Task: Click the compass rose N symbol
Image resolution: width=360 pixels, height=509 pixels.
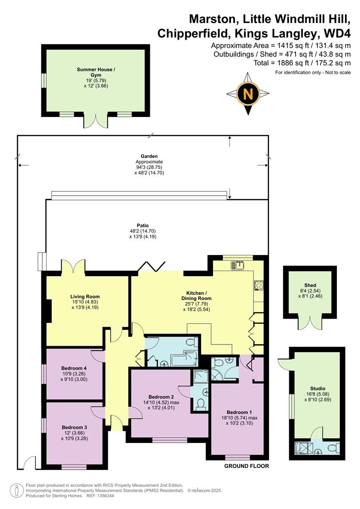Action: [248, 94]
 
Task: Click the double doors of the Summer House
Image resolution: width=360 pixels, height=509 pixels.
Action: [96, 121]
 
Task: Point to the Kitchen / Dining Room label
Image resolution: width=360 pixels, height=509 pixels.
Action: [196, 295]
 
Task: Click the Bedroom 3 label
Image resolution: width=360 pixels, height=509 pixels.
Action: [74, 427]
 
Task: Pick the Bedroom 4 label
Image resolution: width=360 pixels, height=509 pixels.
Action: [74, 368]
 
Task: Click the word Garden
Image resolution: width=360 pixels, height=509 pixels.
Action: [149, 156]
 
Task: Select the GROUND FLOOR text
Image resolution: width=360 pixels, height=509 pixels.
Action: [246, 466]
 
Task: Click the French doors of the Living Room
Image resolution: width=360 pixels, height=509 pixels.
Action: [73, 267]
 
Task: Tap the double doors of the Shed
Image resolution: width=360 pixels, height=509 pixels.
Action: [310, 324]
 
